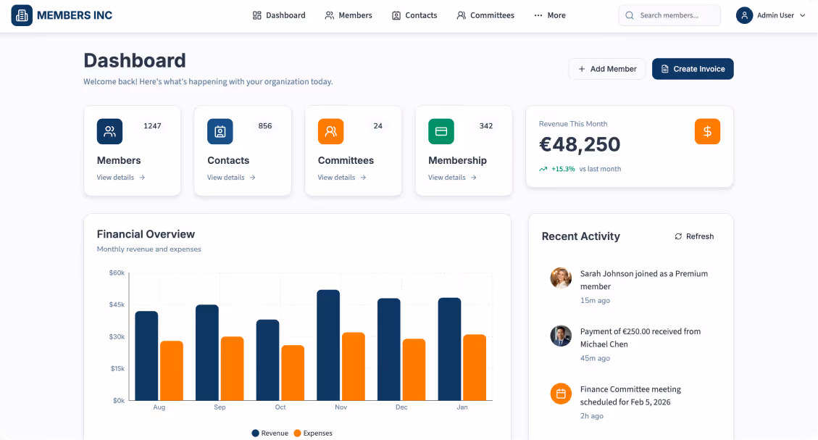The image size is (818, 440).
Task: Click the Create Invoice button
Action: (x=693, y=69)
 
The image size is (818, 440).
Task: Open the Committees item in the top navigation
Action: (x=485, y=15)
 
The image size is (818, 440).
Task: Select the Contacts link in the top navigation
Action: (x=414, y=15)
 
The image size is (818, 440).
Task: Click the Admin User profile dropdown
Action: (x=771, y=15)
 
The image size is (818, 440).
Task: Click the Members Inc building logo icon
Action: (x=22, y=15)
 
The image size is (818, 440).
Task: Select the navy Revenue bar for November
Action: (x=328, y=345)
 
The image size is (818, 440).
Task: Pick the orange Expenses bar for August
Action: (x=172, y=370)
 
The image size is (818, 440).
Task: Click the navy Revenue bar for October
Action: (x=268, y=360)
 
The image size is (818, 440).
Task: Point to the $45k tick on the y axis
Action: (x=117, y=304)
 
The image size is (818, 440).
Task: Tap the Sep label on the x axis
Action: (x=220, y=407)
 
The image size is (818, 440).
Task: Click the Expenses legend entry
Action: (x=313, y=433)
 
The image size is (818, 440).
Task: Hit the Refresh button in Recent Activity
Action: (x=694, y=236)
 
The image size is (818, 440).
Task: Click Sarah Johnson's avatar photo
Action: (x=561, y=278)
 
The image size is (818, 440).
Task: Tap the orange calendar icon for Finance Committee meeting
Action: (x=561, y=394)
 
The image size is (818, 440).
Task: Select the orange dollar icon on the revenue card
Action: (x=707, y=131)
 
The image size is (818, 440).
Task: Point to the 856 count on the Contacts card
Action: (x=265, y=126)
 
